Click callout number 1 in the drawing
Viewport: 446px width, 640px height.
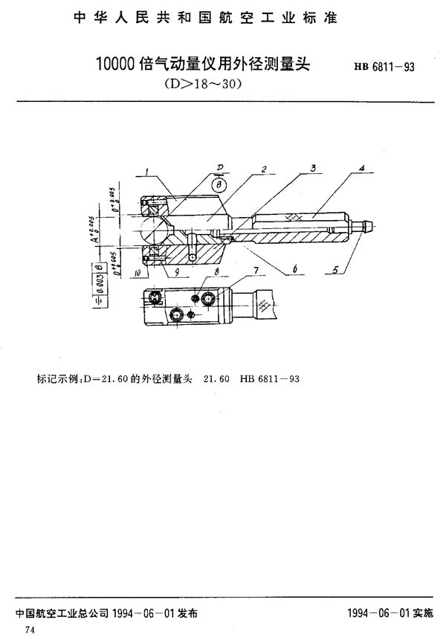pyautogui.click(x=149, y=172)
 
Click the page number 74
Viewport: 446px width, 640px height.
pyautogui.click(x=30, y=630)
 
